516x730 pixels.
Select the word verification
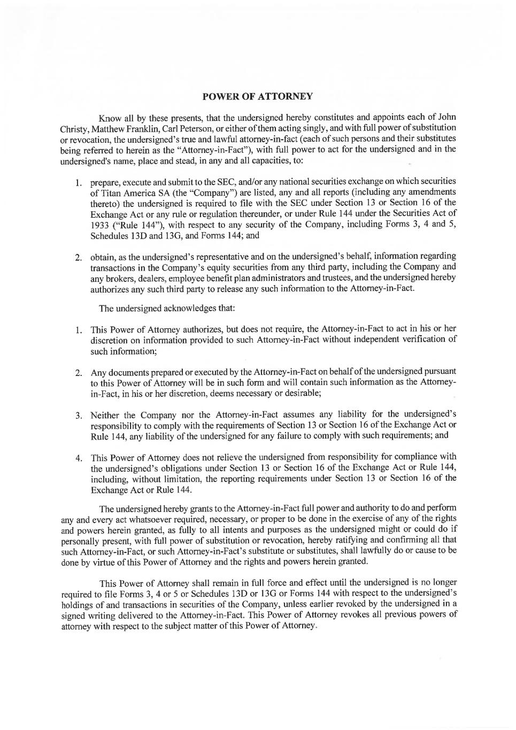pyautogui.click(x=420, y=340)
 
